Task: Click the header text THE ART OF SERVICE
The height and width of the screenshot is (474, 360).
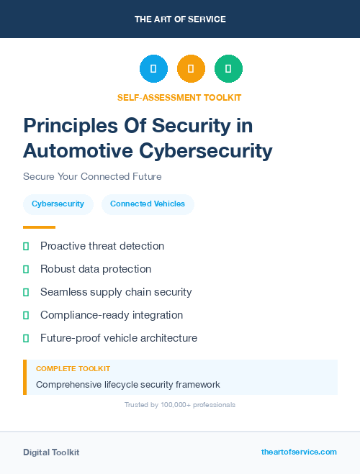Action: tap(180, 19)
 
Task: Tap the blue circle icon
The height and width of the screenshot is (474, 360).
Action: tap(153, 69)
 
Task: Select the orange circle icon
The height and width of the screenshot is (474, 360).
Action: tap(191, 69)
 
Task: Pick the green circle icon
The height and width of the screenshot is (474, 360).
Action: tap(228, 69)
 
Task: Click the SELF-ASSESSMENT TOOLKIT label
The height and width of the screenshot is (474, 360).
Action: tap(180, 97)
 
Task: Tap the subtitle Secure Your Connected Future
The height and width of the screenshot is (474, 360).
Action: tap(92, 176)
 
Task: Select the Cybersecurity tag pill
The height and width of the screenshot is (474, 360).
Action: tap(58, 204)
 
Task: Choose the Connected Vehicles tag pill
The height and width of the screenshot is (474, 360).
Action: tap(148, 204)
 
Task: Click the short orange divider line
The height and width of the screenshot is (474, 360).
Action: tap(39, 227)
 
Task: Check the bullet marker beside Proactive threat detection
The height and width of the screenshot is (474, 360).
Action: tap(26, 247)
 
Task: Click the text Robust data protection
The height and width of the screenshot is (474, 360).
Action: tap(96, 269)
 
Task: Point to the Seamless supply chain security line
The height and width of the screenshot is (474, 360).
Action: tap(116, 292)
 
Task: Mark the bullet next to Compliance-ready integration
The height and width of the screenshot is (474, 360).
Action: tap(26, 316)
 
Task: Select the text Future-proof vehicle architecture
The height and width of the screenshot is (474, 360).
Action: tap(119, 338)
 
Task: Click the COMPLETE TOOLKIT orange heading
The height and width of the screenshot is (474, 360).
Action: tap(73, 369)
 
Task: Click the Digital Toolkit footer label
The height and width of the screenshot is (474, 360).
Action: tap(51, 452)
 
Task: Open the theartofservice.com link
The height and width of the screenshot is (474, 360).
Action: tap(299, 452)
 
